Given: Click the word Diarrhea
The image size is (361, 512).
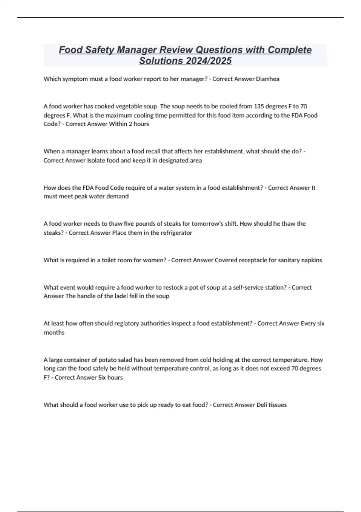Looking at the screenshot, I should click(x=267, y=79).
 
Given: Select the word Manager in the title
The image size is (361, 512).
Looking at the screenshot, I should click(x=137, y=50).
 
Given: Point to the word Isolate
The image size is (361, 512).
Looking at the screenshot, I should click(x=96, y=160).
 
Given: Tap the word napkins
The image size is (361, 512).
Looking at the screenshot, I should click(x=311, y=260).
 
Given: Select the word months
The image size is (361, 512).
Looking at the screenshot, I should click(x=54, y=332).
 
